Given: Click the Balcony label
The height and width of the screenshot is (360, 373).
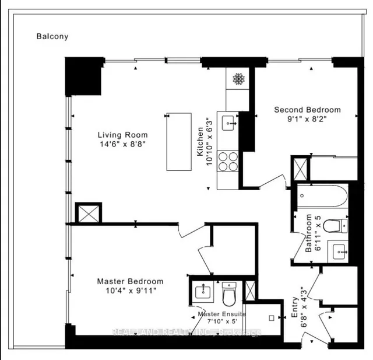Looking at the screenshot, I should [52, 36].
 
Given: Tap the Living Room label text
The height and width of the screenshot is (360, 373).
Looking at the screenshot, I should [122, 135].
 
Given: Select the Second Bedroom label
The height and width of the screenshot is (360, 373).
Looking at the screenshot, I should [307, 110].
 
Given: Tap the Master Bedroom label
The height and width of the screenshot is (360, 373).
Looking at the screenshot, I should [130, 281].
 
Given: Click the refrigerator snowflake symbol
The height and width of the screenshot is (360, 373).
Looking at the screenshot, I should [238, 79].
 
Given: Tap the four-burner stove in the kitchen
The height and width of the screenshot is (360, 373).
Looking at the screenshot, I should [228, 160].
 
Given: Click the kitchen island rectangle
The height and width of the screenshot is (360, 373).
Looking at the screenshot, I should [179, 143].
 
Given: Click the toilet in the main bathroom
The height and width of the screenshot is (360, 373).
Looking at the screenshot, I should [336, 226].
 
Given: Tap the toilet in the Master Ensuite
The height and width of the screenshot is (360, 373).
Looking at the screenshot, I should [230, 295].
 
